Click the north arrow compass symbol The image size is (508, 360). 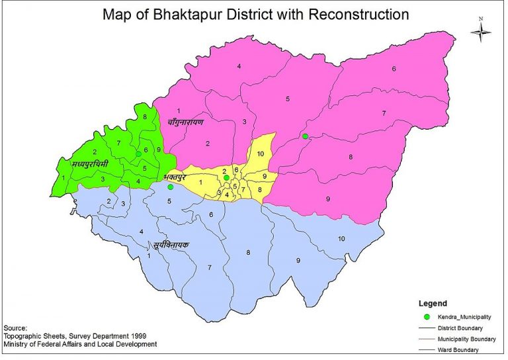[x=481, y=30]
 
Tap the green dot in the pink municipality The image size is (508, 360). [x=305, y=136]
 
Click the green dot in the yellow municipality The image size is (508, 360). [x=226, y=178]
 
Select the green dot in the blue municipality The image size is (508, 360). [x=170, y=187]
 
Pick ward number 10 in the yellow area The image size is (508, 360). [x=261, y=154]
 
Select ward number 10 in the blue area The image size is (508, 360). [x=342, y=238]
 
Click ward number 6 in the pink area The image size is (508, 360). [x=393, y=69]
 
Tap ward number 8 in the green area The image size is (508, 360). [x=145, y=117]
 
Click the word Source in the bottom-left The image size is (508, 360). [x=15, y=328]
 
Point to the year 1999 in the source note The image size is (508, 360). [x=136, y=336]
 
